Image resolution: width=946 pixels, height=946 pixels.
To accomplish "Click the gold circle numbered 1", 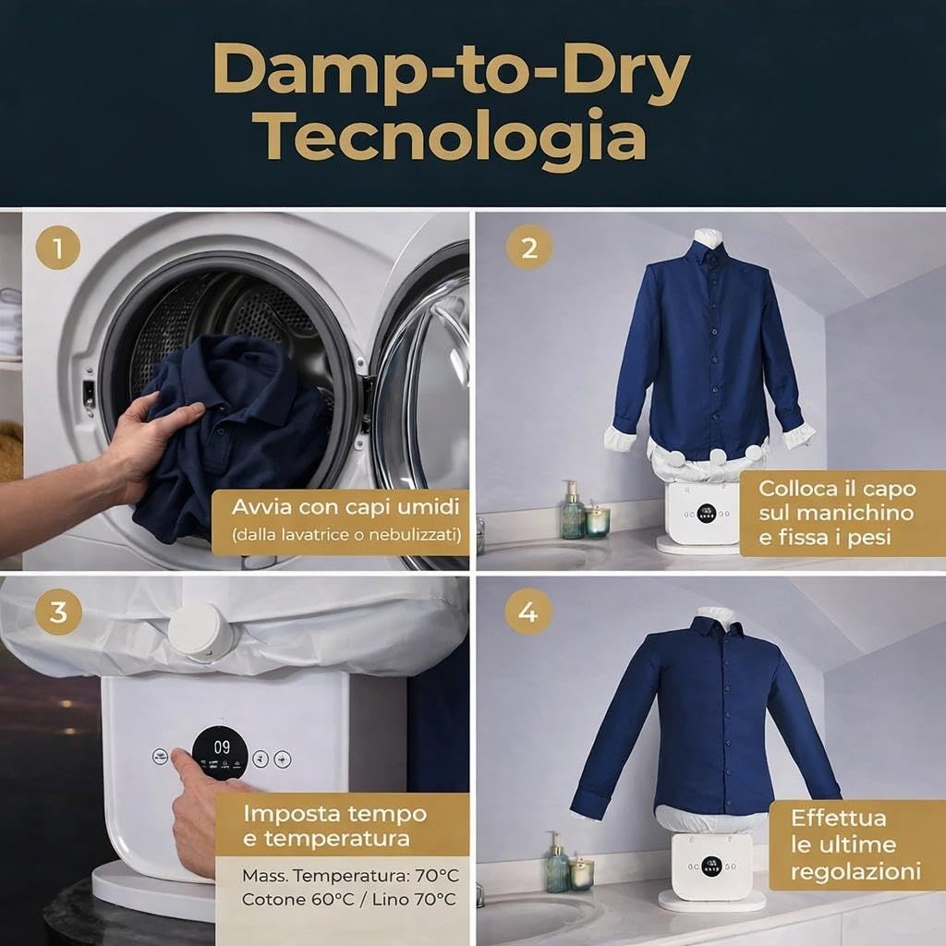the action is point(58,248).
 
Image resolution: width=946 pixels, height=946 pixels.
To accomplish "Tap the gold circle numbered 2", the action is point(529,248).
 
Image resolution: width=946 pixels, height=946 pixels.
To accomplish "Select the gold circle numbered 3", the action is point(58,612).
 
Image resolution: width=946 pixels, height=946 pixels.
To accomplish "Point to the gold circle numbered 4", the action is point(528,612).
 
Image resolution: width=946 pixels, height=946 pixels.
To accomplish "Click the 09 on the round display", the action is point(222,747).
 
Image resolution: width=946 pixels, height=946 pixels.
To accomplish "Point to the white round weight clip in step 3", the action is point(200,632).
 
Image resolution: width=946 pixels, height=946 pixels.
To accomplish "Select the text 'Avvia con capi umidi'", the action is point(346,507).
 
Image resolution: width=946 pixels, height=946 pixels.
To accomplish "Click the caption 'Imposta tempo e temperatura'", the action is point(334,826).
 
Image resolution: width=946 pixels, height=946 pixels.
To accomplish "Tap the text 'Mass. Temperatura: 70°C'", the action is point(350,876).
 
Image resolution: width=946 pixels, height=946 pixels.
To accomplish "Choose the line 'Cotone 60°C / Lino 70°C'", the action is point(348,900).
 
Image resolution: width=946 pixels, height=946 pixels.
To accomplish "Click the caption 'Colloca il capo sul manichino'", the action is point(837,501).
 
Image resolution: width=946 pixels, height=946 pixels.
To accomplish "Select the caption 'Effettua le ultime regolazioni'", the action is point(855,844).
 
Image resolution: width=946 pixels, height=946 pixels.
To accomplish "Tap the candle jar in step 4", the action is point(582,874).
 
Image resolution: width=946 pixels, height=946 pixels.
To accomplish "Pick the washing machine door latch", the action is point(89,394).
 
